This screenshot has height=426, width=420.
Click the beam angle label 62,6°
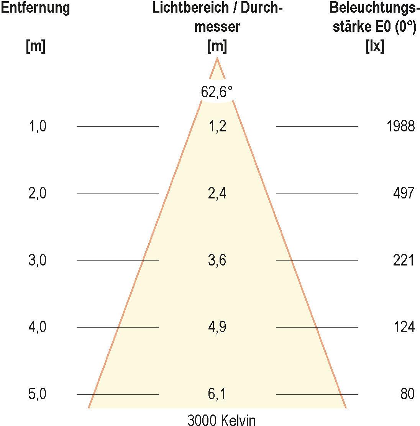tap(217, 92)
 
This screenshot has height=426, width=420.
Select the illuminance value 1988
tap(400, 126)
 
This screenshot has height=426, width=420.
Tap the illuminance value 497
tap(404, 193)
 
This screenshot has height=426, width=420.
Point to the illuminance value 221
tap(404, 260)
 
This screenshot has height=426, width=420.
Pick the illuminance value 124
tap(404, 327)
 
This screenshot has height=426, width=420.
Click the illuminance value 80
tap(407, 394)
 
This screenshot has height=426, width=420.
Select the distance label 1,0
tap(38, 126)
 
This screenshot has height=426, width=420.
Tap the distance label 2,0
tap(38, 193)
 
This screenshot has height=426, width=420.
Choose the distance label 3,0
tap(38, 260)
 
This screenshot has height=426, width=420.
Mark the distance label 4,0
tap(38, 327)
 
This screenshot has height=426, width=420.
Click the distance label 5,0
tap(38, 394)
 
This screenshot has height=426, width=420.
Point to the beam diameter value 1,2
tap(217, 126)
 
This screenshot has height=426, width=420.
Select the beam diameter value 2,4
tap(217, 193)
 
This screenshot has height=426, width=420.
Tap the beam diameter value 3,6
tap(217, 260)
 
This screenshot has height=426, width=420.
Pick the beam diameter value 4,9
tap(217, 327)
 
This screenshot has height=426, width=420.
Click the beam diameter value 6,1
tap(217, 394)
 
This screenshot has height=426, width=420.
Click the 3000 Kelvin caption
tap(221, 420)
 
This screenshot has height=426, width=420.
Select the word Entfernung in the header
tap(35, 8)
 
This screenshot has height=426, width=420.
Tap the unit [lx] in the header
tap(375, 47)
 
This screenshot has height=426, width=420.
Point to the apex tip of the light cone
tap(217, 58)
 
